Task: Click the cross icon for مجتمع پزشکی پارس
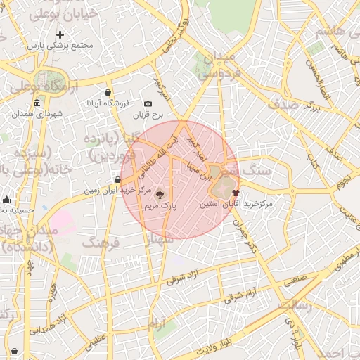[x=60, y=34]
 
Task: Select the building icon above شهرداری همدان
[x=37, y=103]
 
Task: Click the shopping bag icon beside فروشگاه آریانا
[x=108, y=92]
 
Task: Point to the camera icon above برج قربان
[x=148, y=103]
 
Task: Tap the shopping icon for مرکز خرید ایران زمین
[x=117, y=180]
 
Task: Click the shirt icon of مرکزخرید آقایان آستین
[x=235, y=192]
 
